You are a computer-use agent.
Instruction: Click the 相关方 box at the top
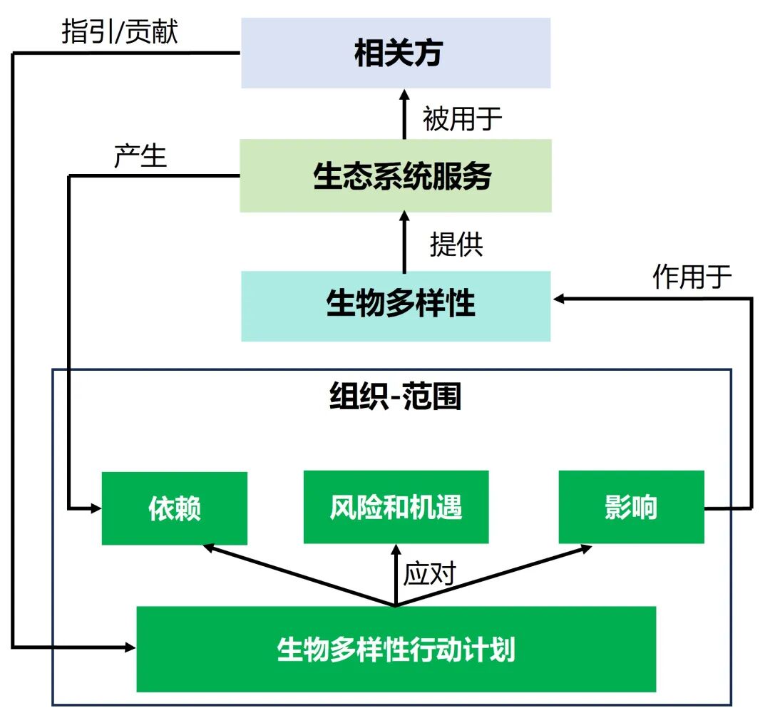[x=396, y=53]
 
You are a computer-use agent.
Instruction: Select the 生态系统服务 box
[x=396, y=176]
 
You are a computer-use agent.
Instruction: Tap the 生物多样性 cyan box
[x=396, y=306]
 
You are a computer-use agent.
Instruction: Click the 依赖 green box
[x=175, y=508]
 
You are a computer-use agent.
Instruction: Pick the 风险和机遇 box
[x=396, y=507]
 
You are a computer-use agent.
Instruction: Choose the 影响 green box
[x=631, y=507]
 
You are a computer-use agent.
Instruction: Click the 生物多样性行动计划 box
[x=396, y=650]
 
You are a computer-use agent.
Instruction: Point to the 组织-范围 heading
[x=396, y=397]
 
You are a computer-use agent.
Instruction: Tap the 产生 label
[x=140, y=156]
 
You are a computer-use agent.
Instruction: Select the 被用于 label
[x=462, y=118]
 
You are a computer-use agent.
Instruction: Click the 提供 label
[x=456, y=245]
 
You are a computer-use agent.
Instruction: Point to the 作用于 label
[x=692, y=277]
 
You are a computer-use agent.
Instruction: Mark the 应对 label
[x=429, y=573]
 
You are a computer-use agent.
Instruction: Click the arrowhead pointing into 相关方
[x=404, y=95]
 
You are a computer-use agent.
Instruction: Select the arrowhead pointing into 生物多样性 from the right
[x=558, y=299]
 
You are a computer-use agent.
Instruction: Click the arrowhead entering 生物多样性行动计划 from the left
[x=130, y=647]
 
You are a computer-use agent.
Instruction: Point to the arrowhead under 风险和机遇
[x=396, y=549]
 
